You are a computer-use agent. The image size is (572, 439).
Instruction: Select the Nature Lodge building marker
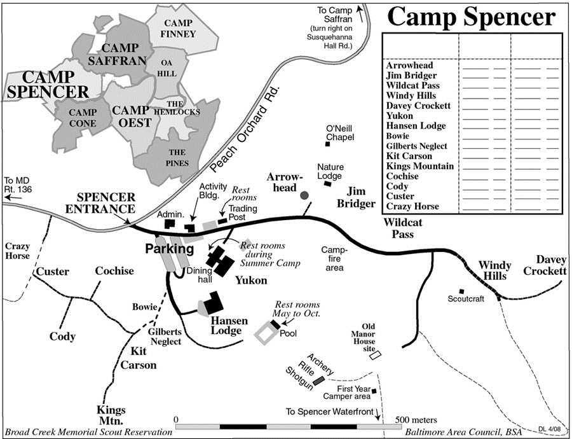(327, 184)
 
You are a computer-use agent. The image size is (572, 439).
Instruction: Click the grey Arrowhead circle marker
(305, 194)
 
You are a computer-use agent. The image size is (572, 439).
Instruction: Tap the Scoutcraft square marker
(461, 291)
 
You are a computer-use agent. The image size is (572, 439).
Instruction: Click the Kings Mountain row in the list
(419, 166)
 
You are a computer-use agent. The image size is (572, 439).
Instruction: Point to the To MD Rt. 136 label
(17, 185)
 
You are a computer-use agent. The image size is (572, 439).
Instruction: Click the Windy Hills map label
(493, 270)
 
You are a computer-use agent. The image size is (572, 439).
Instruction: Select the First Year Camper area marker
(374, 391)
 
